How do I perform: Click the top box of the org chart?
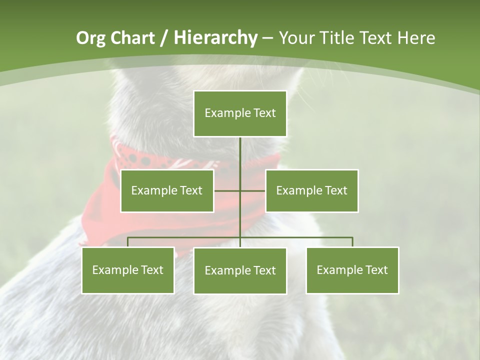pos(240,113)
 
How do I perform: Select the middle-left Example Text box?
pos(167,190)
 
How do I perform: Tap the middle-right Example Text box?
pos(311,190)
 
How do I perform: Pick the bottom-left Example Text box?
pos(127,270)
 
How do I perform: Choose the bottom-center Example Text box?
pos(240,270)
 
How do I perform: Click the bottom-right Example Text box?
pos(352,270)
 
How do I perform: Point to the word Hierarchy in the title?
pos(215,38)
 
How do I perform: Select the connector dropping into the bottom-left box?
pos(128,242)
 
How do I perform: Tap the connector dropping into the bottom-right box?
pos(352,242)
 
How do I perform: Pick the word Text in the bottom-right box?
pos(376,270)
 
